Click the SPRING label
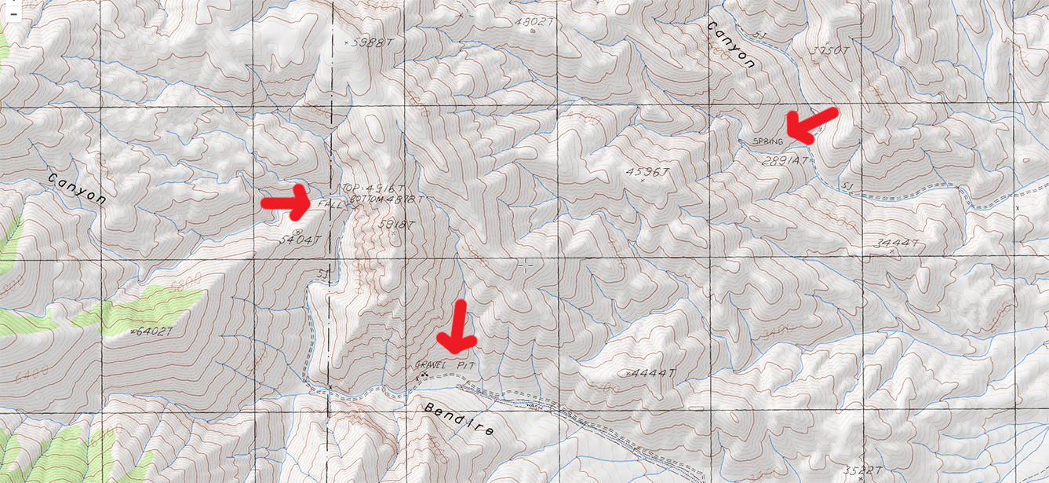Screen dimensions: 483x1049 click(767, 141)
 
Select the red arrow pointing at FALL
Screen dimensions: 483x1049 click(287, 203)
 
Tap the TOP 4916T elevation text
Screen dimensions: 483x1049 click(373, 188)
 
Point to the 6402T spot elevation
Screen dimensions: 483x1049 click(151, 332)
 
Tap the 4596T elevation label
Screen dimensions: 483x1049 click(650, 171)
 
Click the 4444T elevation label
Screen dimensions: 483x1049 click(652, 372)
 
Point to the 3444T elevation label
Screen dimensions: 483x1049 click(894, 244)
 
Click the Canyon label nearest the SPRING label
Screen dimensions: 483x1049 click(731, 45)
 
